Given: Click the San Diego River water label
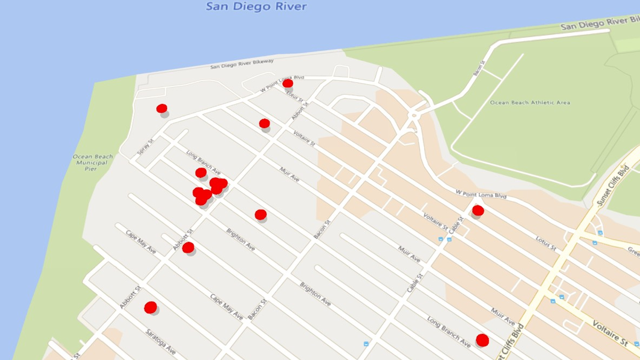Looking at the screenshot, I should (x=257, y=7).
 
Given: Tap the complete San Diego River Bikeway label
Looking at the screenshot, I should (x=242, y=64).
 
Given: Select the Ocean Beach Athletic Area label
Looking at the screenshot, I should (x=530, y=102).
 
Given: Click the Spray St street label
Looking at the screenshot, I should (x=145, y=147).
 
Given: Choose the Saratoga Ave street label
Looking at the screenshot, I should (x=161, y=342).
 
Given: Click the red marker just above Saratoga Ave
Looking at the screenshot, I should (x=150, y=307).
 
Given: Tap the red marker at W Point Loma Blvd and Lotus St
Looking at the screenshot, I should (x=287, y=83).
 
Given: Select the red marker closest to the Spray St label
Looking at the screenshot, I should (x=162, y=109).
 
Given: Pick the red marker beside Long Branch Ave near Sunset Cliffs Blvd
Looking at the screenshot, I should (x=482, y=340).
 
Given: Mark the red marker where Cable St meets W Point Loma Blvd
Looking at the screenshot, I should (x=478, y=211).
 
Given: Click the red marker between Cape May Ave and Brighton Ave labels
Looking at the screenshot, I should (x=188, y=247).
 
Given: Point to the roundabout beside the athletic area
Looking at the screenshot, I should (x=413, y=115).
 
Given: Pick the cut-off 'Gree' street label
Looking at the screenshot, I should (x=633, y=251).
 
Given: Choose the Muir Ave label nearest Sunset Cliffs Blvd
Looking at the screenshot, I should (x=503, y=316).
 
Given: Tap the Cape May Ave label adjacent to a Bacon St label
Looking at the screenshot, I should (x=226, y=307).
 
